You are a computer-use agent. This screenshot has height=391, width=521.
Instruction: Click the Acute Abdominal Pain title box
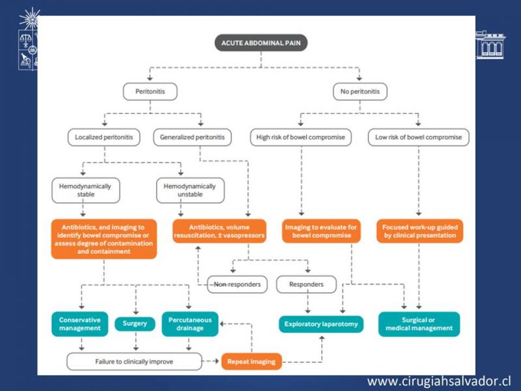261,43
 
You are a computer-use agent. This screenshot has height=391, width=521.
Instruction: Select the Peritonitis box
150,91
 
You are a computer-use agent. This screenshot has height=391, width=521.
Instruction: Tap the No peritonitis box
360,91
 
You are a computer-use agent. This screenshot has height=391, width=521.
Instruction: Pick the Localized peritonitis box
104,138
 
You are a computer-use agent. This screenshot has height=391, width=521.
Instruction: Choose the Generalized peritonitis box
192,138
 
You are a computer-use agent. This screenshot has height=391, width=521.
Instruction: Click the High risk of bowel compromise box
301,138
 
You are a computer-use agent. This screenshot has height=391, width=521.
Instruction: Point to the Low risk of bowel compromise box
419,138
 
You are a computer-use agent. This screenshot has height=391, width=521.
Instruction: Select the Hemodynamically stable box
86,190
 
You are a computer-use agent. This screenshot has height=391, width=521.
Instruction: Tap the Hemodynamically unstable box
190,190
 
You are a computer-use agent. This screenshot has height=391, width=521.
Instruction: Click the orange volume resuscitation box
219,231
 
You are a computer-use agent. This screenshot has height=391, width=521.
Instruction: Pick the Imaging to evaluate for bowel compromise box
321,231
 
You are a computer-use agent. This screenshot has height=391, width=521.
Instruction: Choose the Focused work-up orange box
419,231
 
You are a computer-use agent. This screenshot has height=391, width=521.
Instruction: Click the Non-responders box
237,284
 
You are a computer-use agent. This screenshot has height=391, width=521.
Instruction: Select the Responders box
306,284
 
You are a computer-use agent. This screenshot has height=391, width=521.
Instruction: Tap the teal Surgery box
135,323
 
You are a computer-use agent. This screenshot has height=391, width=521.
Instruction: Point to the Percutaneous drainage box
190,324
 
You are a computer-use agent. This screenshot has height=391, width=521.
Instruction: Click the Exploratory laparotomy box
321,324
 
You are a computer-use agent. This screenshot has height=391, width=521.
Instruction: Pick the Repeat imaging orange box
251,362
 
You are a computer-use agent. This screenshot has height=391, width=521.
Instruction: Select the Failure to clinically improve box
134,362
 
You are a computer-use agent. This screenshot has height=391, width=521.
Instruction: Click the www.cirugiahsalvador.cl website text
439,381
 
